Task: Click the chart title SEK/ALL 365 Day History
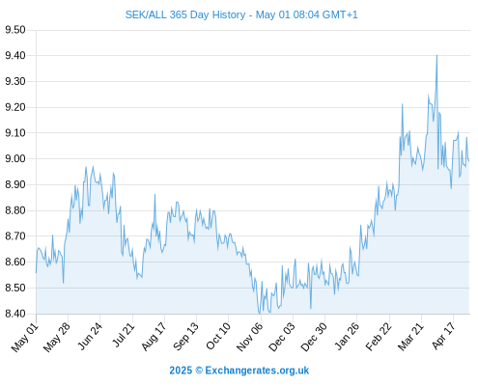[x=185, y=14]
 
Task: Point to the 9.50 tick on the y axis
[x=15, y=30]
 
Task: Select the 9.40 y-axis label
[x=15, y=56]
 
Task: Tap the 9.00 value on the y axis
[x=15, y=158]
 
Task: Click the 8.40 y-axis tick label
[x=15, y=314]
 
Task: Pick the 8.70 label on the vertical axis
[x=15, y=236]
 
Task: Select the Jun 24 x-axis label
[x=89, y=336]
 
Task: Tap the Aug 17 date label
[x=154, y=337]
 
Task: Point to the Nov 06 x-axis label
[x=249, y=337]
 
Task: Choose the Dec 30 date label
[x=313, y=337]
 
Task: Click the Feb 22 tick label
[x=378, y=337]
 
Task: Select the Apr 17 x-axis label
[x=443, y=336]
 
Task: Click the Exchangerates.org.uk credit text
[x=257, y=371]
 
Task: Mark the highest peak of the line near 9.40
[x=436, y=55]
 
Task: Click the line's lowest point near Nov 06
[x=260, y=314]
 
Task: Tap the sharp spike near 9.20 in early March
[x=402, y=104]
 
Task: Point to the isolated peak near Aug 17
[x=155, y=194]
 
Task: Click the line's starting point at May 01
[x=36, y=273]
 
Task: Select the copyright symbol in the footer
[x=199, y=371]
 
